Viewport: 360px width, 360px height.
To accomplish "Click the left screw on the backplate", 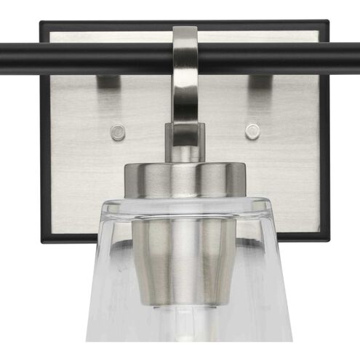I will [117, 132].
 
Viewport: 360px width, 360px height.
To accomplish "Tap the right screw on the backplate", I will [252, 131].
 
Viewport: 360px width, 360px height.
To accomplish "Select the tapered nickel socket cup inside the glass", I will [184, 247].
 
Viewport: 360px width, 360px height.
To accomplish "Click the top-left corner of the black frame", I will [42, 23].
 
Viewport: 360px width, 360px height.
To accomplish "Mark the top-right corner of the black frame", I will [326, 23].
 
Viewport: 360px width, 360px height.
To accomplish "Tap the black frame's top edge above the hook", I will [184, 23].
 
